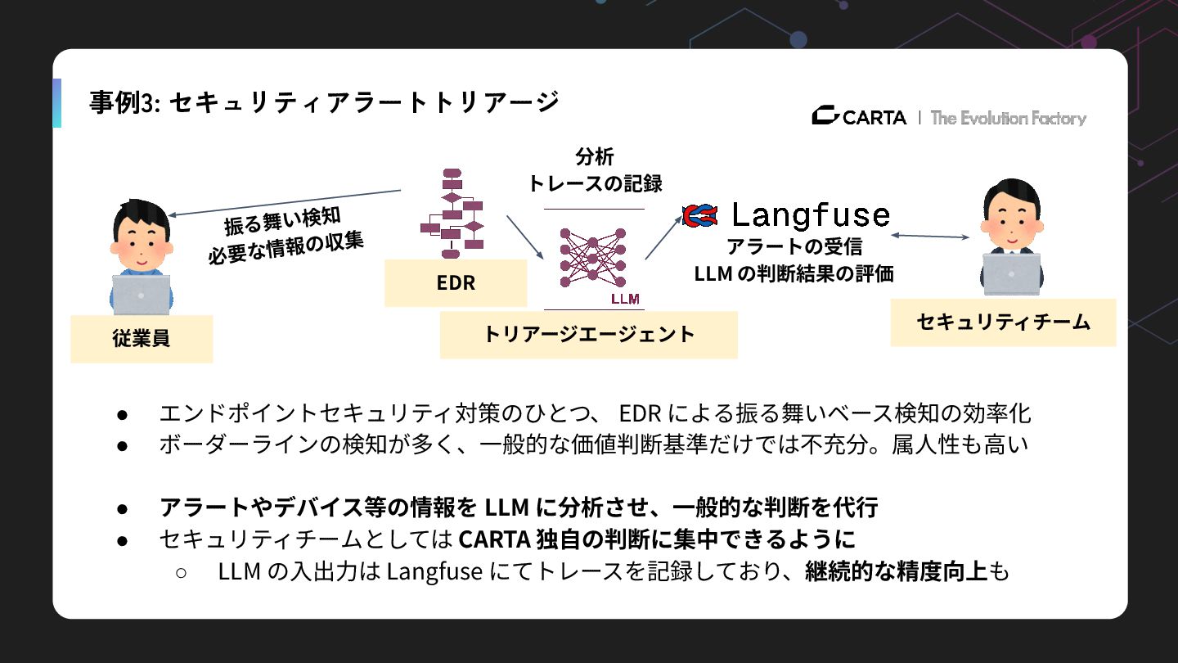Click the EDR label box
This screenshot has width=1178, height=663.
pos(456,283)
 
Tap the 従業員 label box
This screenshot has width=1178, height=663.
pos(142,338)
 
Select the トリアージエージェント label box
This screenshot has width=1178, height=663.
pos(588,334)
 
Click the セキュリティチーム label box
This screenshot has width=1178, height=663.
pos(1003,322)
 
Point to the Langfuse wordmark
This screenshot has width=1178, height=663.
pos(809,215)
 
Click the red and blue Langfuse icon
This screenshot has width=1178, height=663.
pos(699,214)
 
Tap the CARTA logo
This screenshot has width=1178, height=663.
pos(859,117)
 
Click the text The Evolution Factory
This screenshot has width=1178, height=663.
pos(1008,118)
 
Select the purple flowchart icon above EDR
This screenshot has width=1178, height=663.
pos(452,210)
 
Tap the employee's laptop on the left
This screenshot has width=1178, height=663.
pos(141,294)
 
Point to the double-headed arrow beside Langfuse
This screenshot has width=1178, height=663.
pos(930,237)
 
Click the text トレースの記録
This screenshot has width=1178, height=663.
pos(595,183)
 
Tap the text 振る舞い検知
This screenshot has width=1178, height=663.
pos(282,220)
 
